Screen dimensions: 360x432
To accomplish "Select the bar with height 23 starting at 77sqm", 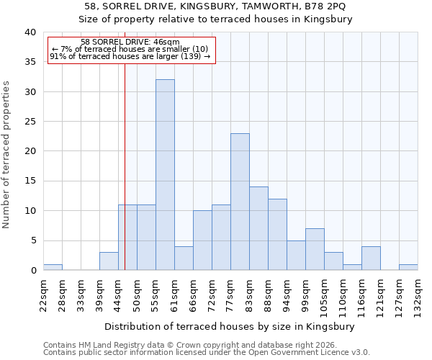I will click(x=240, y=202).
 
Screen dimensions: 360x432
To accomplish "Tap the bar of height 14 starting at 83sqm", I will click(x=258, y=228).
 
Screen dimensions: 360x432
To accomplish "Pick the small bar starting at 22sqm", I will click(x=53, y=267).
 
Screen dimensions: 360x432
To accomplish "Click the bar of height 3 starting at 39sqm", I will click(x=109, y=261).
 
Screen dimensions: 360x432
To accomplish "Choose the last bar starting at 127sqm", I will click(x=408, y=267).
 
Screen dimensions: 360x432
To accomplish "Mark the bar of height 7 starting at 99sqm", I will click(x=315, y=249).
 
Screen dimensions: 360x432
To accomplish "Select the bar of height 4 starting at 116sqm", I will click(x=371, y=258).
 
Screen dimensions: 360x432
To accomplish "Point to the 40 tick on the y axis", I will click(x=30, y=32).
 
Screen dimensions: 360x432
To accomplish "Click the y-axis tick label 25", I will click(x=30, y=122).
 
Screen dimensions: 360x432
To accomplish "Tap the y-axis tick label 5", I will click(x=32, y=240).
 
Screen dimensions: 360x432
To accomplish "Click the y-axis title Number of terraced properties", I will click(x=7, y=154).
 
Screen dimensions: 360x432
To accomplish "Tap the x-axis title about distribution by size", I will click(x=230, y=326).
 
